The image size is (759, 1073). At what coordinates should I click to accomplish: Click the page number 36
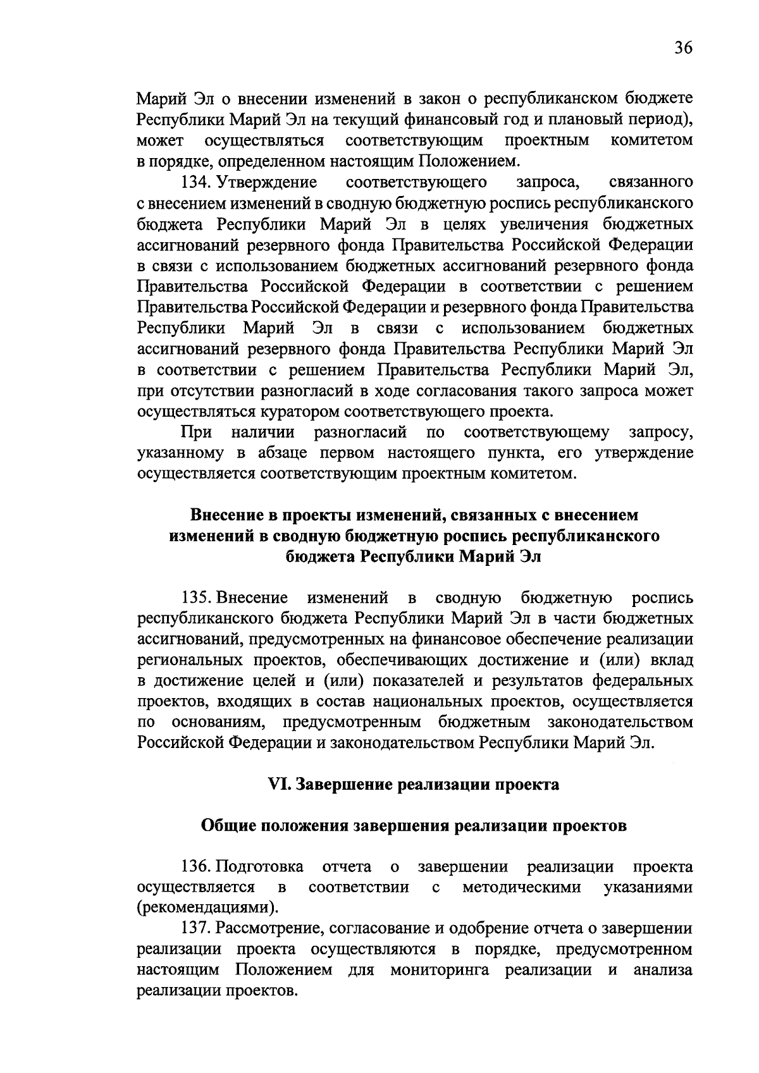tap(683, 49)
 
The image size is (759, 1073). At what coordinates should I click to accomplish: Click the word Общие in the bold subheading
tap(228, 826)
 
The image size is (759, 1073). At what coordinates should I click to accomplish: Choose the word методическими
tap(522, 887)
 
